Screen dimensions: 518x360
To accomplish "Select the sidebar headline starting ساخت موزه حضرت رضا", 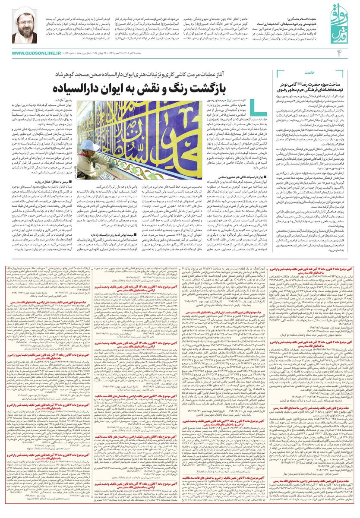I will pyautogui.click(x=315, y=85).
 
